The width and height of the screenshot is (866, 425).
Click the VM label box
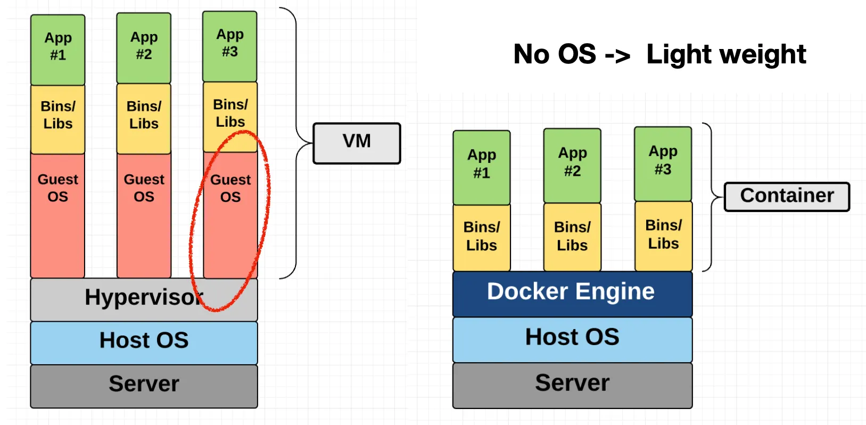(357, 143)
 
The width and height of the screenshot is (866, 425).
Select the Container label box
(787, 197)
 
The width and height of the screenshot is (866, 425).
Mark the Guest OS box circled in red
(230, 213)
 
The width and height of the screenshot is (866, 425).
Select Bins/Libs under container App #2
(572, 237)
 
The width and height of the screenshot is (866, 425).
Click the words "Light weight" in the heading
(726, 55)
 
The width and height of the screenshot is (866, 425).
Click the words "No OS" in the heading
(555, 54)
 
